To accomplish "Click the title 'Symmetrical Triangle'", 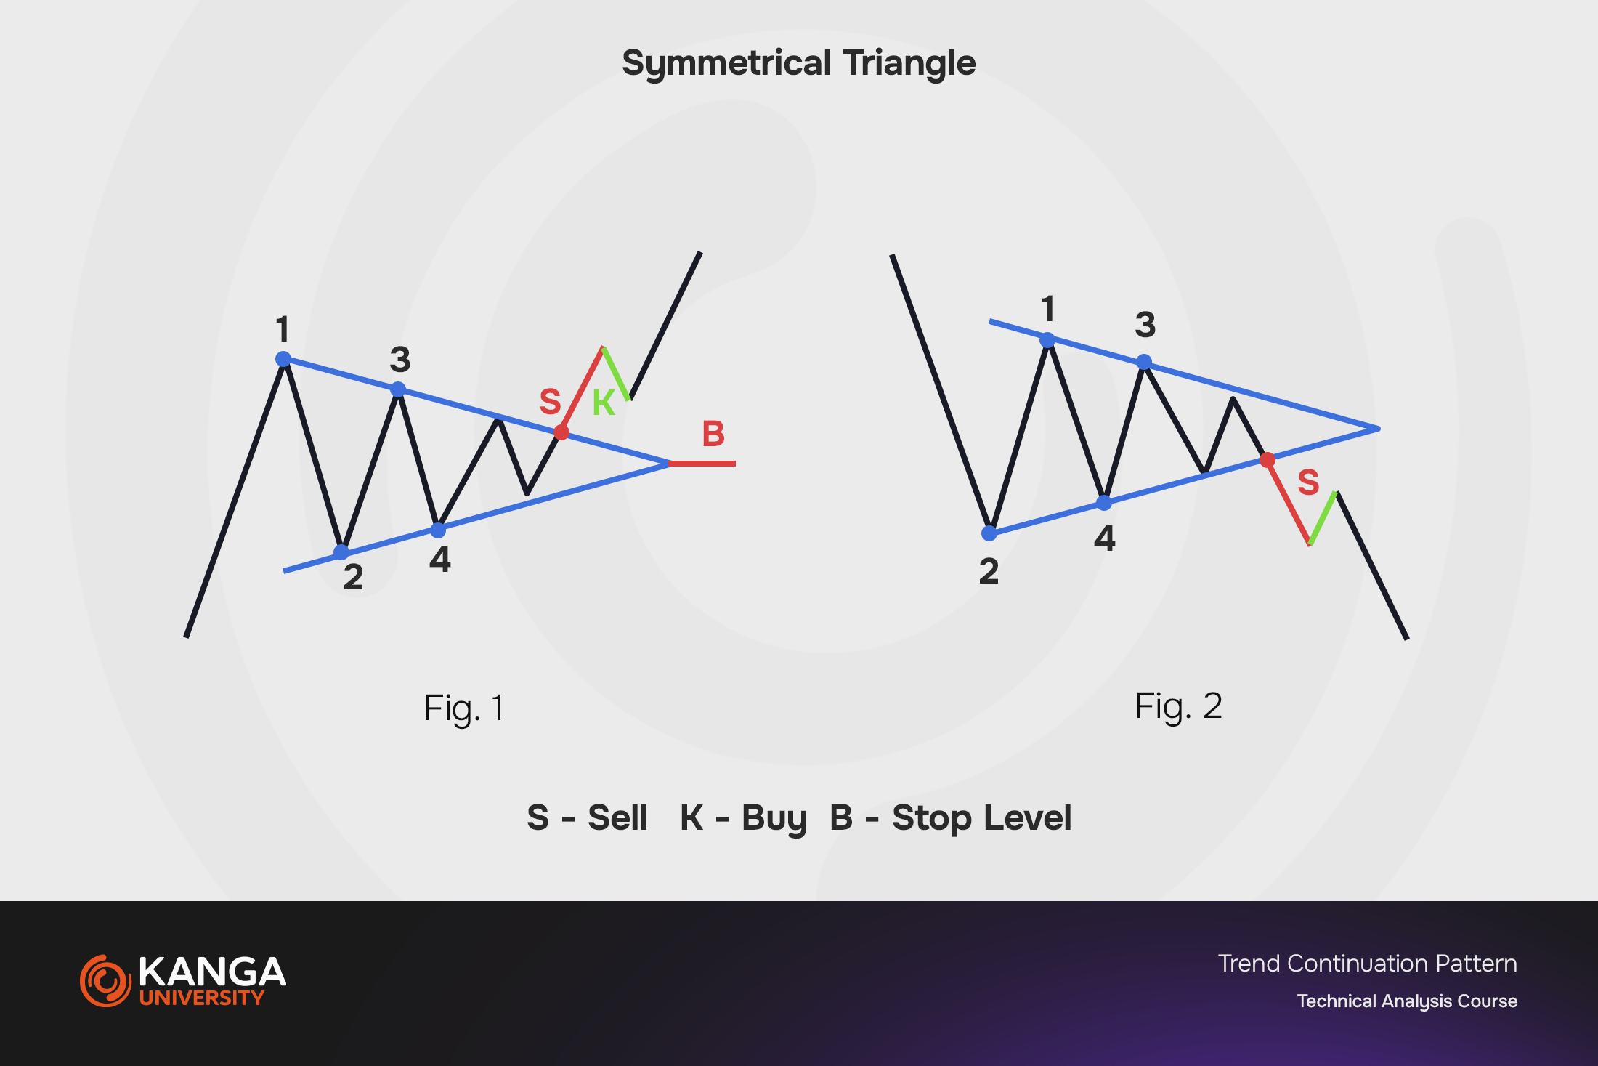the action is click(799, 63).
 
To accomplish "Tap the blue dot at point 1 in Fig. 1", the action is click(283, 359).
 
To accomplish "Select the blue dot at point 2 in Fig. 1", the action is click(341, 552).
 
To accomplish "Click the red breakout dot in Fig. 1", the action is click(561, 432).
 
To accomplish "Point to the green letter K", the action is click(604, 403).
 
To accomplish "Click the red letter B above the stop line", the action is click(713, 434).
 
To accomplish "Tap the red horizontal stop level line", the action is click(702, 463).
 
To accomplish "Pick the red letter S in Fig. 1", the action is click(550, 401).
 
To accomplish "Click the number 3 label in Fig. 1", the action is click(400, 359).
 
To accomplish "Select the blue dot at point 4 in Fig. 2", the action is click(1104, 502).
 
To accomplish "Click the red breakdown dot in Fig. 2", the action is click(1268, 460).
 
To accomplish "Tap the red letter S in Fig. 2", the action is click(1308, 482).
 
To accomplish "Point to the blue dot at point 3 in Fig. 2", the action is click(1144, 362).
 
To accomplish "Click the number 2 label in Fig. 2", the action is click(989, 572).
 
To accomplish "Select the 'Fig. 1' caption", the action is click(464, 708).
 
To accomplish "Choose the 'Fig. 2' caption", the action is click(1178, 706).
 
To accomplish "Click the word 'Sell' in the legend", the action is click(617, 817).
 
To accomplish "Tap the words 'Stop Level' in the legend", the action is click(981, 818).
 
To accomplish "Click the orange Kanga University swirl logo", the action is click(105, 980).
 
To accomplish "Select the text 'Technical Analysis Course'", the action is click(1407, 1001).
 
